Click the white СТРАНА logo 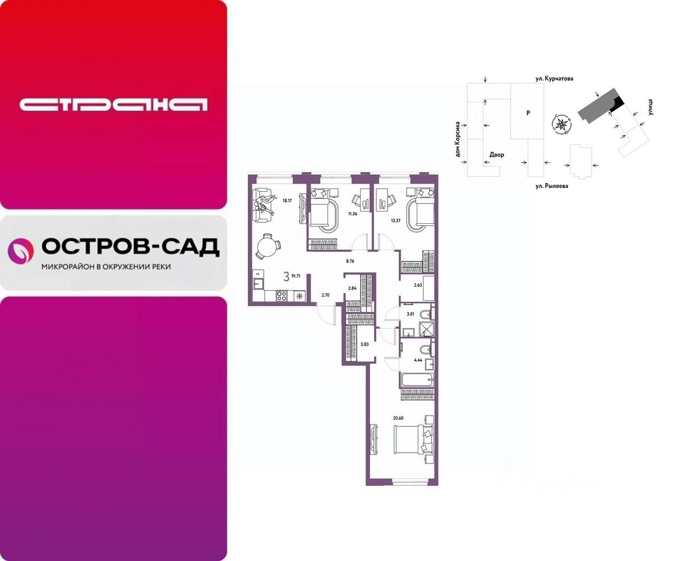(x=113, y=104)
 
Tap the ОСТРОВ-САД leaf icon (x=21, y=251)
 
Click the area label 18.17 (x=287, y=200)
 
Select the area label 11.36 (x=352, y=213)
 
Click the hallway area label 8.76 (x=352, y=260)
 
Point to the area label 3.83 (x=364, y=344)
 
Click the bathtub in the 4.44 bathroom (x=417, y=381)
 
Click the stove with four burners (x=282, y=296)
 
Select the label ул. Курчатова (x=554, y=80)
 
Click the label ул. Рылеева (x=551, y=186)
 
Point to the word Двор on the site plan (x=497, y=154)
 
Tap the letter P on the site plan (x=528, y=113)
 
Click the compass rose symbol (x=561, y=123)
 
